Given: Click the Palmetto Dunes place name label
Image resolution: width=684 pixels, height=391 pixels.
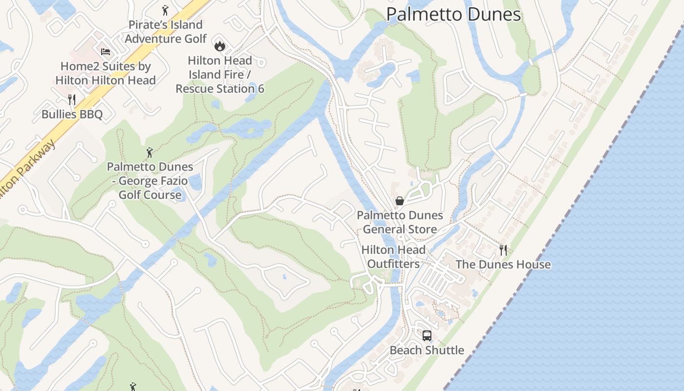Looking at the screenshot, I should [x=453, y=14].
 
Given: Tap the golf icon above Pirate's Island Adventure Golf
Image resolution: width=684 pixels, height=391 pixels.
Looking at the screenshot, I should [x=165, y=10].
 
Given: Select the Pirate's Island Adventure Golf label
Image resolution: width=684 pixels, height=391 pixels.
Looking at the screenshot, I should [x=166, y=32].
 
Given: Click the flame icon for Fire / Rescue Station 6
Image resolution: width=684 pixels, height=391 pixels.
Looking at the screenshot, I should [x=220, y=46].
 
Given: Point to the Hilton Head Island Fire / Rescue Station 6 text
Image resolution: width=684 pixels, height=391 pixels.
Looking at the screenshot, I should [x=220, y=75].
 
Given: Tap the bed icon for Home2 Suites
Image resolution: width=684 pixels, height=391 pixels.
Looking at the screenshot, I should [x=106, y=52].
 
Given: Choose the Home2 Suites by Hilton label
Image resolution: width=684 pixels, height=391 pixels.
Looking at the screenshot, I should [x=106, y=73].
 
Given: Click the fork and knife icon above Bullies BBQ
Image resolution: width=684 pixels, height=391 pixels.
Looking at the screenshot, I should [x=72, y=100].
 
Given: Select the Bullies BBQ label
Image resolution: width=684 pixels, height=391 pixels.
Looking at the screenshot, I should [x=72, y=114].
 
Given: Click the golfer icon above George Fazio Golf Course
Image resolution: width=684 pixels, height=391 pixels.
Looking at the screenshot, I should [x=150, y=152].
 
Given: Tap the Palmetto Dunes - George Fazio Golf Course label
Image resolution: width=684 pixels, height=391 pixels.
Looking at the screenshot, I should [x=150, y=181].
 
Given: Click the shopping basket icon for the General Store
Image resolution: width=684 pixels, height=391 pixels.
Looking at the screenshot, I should [x=400, y=201].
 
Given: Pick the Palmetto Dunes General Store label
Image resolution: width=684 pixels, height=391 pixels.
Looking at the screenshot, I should [x=400, y=222].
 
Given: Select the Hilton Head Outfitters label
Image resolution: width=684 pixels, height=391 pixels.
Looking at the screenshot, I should [x=393, y=257].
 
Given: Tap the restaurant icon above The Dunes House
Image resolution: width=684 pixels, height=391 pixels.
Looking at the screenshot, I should [x=503, y=250].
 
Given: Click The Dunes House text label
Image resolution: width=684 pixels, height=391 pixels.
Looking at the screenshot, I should [x=503, y=265].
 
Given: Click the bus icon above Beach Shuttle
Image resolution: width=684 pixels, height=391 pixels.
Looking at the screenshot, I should [x=427, y=336].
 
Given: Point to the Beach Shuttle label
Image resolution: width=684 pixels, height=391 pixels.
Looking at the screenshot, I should [x=427, y=350].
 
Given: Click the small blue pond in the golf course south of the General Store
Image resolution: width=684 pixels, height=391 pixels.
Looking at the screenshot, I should [x=284, y=277].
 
